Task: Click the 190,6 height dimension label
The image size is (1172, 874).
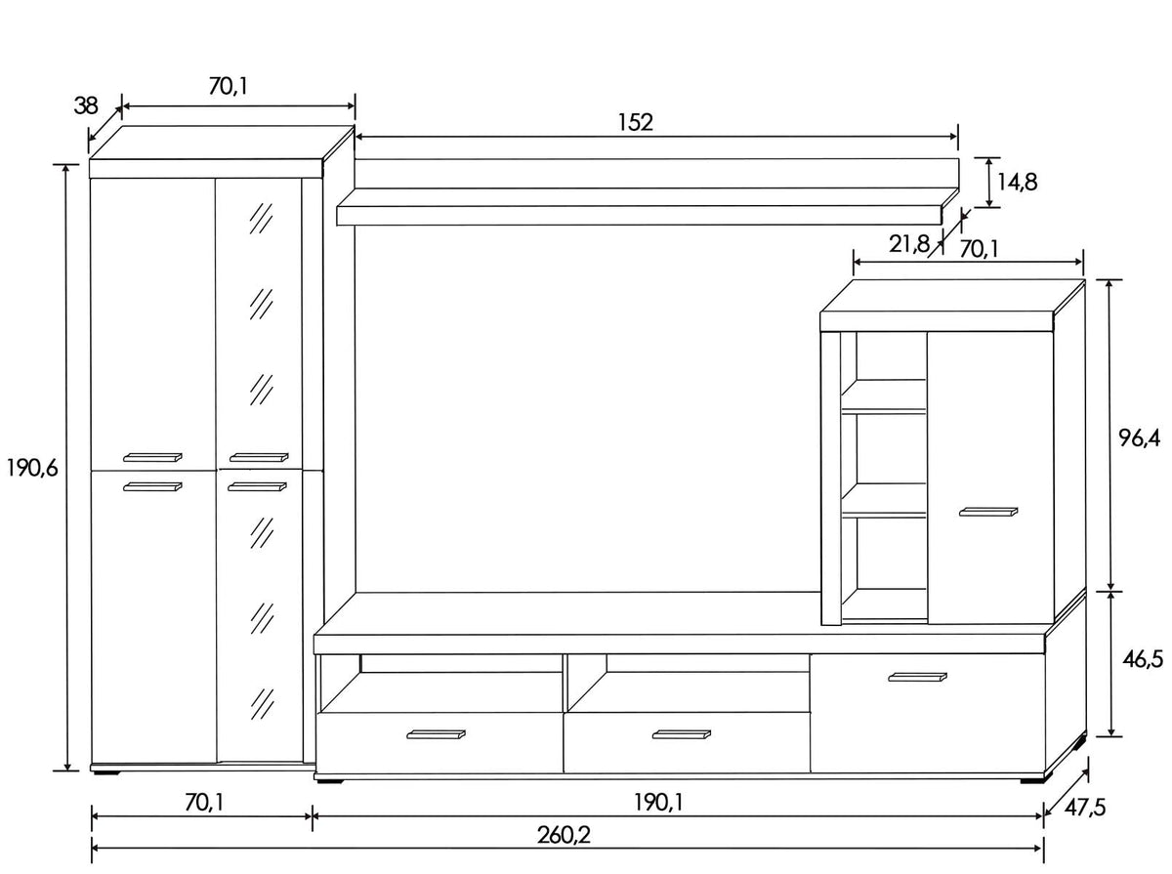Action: (x=32, y=468)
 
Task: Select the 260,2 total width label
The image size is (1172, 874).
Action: (x=564, y=836)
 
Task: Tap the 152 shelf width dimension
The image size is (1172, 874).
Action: (x=636, y=122)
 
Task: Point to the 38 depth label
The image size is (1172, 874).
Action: (x=86, y=105)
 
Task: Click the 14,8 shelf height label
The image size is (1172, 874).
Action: (x=1017, y=183)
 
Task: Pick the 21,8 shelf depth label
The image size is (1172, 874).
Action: (x=909, y=244)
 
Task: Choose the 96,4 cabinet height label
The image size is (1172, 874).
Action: (x=1140, y=438)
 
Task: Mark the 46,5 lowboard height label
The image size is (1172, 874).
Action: (x=1143, y=660)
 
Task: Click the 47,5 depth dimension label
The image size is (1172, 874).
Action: (x=1085, y=808)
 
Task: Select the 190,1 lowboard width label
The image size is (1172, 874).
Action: (x=658, y=802)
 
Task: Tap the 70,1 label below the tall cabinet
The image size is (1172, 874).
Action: (x=204, y=802)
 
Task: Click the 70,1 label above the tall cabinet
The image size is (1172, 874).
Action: (x=229, y=86)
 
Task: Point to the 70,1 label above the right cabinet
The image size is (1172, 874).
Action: (x=979, y=249)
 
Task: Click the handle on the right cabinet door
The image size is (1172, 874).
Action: (x=988, y=512)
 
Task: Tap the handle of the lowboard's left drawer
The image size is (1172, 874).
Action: (x=436, y=734)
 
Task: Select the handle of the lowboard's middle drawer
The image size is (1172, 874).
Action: (x=682, y=734)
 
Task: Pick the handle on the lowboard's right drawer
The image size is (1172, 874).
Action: (x=917, y=678)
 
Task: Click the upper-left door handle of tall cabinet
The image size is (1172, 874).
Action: (x=152, y=458)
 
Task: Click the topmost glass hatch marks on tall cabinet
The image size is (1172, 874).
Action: (x=261, y=218)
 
